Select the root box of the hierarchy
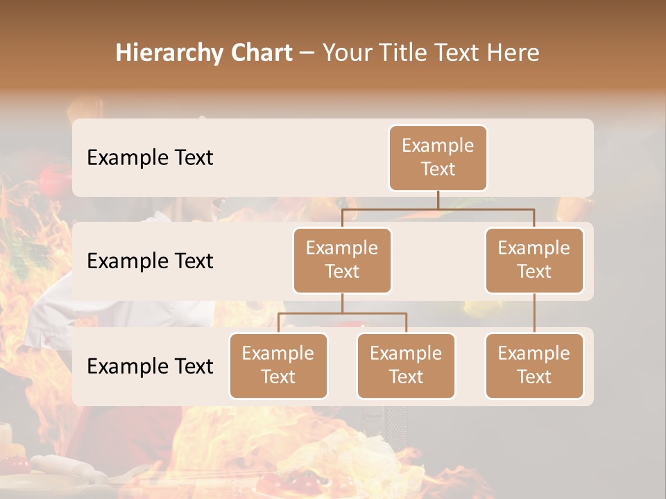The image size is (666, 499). [x=438, y=157]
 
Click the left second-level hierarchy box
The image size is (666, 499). [x=342, y=260]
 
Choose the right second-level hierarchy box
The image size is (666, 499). [x=534, y=260]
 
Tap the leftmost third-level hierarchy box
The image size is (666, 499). [x=278, y=365]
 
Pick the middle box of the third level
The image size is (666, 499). [x=406, y=365]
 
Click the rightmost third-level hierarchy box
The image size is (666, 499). [x=534, y=365]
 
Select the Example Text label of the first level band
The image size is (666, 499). [x=150, y=157]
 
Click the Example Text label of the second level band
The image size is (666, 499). [x=150, y=261]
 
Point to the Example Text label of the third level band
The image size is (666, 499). [x=150, y=366]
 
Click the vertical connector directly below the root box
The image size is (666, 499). [x=438, y=200]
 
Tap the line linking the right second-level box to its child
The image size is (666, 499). [x=534, y=313]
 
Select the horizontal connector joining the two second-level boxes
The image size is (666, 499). [x=438, y=209]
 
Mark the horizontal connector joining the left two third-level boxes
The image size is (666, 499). [x=342, y=313]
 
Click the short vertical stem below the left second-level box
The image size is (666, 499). [x=342, y=303]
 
